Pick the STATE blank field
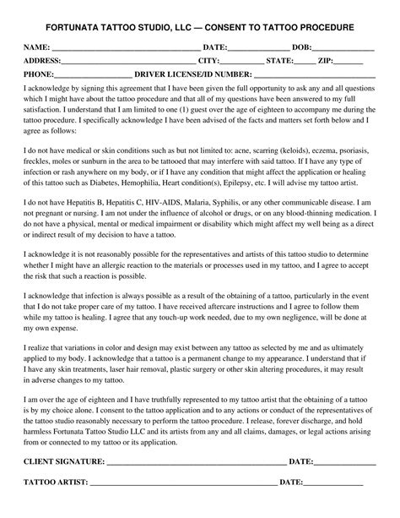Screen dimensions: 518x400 coord(306,62)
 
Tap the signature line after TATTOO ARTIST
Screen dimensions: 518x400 coord(182,483)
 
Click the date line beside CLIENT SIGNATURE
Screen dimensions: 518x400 coord(345,463)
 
